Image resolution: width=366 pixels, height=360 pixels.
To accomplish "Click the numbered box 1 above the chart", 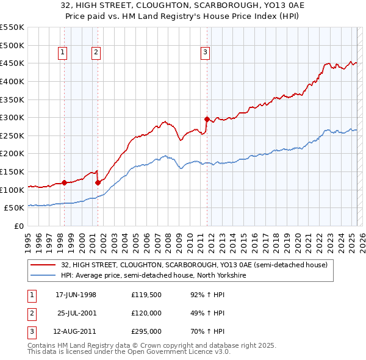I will tap(63, 53).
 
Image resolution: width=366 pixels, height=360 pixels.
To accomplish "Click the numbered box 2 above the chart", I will tap(96, 53).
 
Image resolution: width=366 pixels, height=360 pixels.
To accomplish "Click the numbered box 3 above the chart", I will tap(206, 53).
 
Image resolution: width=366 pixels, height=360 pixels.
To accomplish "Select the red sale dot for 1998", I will tap(64, 182).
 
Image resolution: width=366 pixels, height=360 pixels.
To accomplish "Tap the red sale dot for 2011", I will tap(207, 119).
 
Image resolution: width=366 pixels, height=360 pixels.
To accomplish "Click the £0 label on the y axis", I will tap(19, 226).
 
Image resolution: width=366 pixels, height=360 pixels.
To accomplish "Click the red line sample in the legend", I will tap(43, 265).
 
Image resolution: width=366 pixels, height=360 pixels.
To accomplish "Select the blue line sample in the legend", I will tap(43, 275).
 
